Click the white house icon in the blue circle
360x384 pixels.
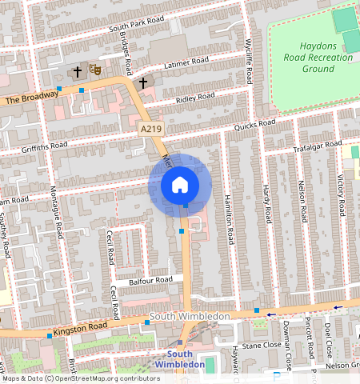180,185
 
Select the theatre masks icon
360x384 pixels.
94,71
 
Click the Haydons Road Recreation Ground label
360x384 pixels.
307,58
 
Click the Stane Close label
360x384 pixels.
262,346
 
